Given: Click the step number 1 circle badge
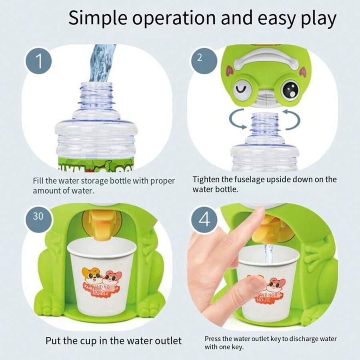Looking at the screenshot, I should tap(39, 61).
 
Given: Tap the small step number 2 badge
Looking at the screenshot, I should tap(200, 57).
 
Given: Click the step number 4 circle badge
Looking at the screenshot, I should tap(205, 220).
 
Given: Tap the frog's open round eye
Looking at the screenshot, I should tap(290, 90).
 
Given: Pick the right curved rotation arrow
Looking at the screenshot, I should tap(292, 120).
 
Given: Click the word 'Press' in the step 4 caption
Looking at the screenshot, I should tap(213, 339).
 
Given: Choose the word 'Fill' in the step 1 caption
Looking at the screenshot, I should tap(39, 181).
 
